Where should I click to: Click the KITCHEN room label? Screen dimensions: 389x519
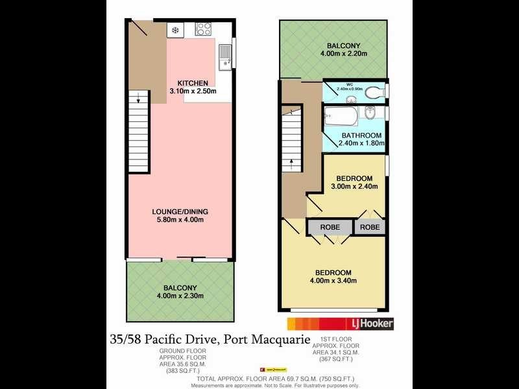click(192, 83)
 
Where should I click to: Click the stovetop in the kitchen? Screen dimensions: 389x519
click(204, 29)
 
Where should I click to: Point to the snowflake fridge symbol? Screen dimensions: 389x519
click(175, 30)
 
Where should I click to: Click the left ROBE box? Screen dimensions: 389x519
click(329, 228)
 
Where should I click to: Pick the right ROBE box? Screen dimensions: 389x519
click(370, 228)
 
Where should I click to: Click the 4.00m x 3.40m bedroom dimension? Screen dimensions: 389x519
click(333, 281)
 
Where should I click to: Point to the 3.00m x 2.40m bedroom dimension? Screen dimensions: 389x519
click(354, 187)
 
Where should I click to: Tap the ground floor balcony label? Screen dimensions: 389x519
click(180, 288)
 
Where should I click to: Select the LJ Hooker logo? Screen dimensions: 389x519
click(370, 323)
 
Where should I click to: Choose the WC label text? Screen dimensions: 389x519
click(349, 84)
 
